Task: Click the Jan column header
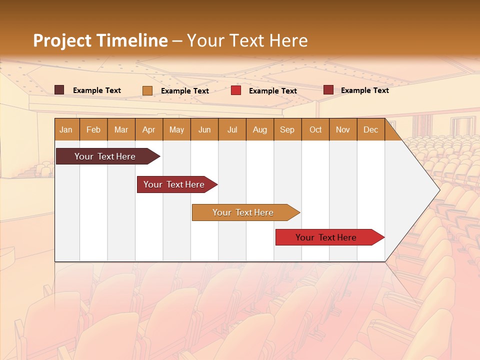(x=66, y=129)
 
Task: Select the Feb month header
(x=93, y=129)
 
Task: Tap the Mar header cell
(x=121, y=129)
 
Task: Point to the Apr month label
(x=149, y=129)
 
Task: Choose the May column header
(x=176, y=129)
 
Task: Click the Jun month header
(x=204, y=129)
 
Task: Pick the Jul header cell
(x=232, y=129)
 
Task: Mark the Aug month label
(x=260, y=129)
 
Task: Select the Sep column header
(x=287, y=129)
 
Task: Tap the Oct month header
(x=315, y=129)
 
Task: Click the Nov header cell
(x=343, y=129)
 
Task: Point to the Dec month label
(x=371, y=129)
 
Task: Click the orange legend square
(x=147, y=90)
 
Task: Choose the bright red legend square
(x=236, y=90)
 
